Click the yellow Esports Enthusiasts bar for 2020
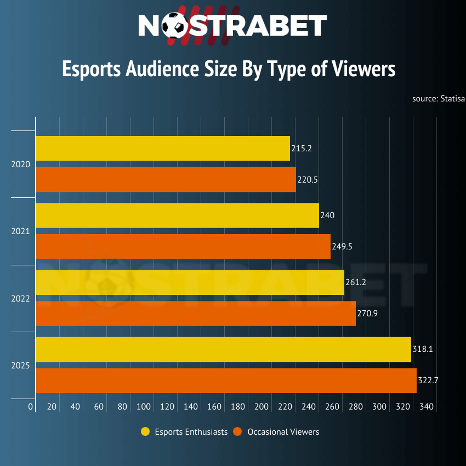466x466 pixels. tap(163, 149)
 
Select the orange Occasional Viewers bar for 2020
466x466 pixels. tap(166, 180)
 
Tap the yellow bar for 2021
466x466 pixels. tap(177, 215)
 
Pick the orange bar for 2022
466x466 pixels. tap(196, 314)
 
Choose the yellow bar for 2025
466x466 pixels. tap(223, 349)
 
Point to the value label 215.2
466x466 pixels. tap(302, 149)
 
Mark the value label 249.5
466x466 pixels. tap(342, 247)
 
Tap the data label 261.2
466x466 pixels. tap(356, 282)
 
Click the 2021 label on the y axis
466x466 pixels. tap(20, 231)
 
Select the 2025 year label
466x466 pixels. tap(20, 365)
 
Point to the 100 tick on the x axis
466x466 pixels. tap(144, 407)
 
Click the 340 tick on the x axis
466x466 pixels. tap(427, 407)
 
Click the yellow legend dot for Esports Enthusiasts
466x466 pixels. tap(145, 432)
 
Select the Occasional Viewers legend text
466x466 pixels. tap(283, 432)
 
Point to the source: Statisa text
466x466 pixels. tap(439, 99)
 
